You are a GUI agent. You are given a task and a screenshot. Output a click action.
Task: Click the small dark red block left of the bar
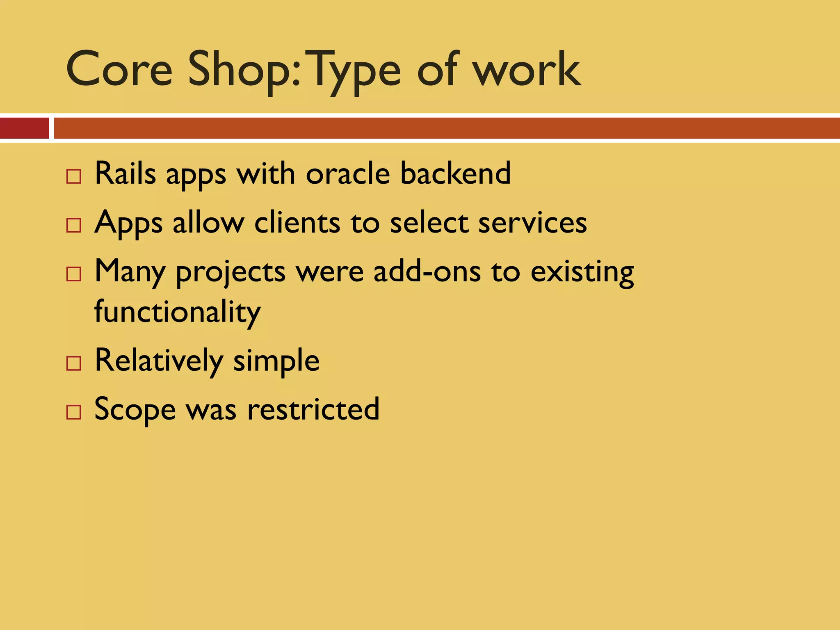pos(24,128)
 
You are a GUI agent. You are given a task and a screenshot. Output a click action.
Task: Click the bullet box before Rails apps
pos(74,177)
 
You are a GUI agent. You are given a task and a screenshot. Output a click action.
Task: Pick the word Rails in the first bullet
pos(125,173)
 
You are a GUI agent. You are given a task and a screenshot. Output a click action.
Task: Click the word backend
pos(455,173)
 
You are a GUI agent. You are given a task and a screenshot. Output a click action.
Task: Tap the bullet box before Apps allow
pos(74,226)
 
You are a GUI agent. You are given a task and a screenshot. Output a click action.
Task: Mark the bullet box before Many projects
pos(74,274)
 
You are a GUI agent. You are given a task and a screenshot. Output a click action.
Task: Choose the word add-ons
pos(427,272)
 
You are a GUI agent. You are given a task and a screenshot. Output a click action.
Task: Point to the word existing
pos(582,272)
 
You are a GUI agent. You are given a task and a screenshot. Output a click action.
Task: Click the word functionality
pos(177,312)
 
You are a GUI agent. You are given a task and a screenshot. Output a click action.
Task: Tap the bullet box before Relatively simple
pos(74,363)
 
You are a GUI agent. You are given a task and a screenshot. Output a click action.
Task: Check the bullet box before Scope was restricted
pos(74,412)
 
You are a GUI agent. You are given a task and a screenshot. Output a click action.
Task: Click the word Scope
pos(135,409)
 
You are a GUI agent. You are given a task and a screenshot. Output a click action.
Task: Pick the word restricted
pos(313,409)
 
